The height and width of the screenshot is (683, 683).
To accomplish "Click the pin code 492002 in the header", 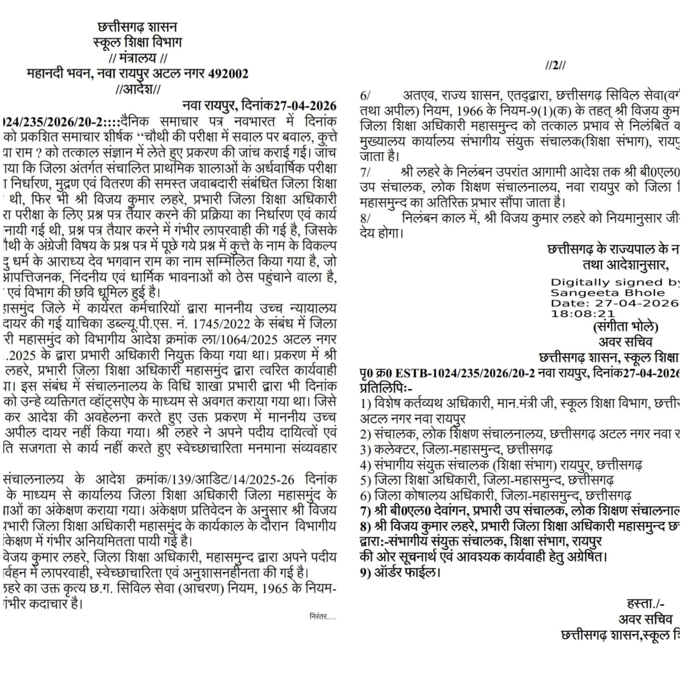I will coord(228,74).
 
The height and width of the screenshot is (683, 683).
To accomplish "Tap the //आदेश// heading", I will coord(138,89).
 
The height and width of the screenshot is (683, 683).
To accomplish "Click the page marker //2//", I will coord(555,66).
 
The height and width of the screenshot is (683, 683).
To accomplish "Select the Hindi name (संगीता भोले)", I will coord(625,327).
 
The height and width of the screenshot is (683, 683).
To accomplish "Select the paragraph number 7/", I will coord(365,173).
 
